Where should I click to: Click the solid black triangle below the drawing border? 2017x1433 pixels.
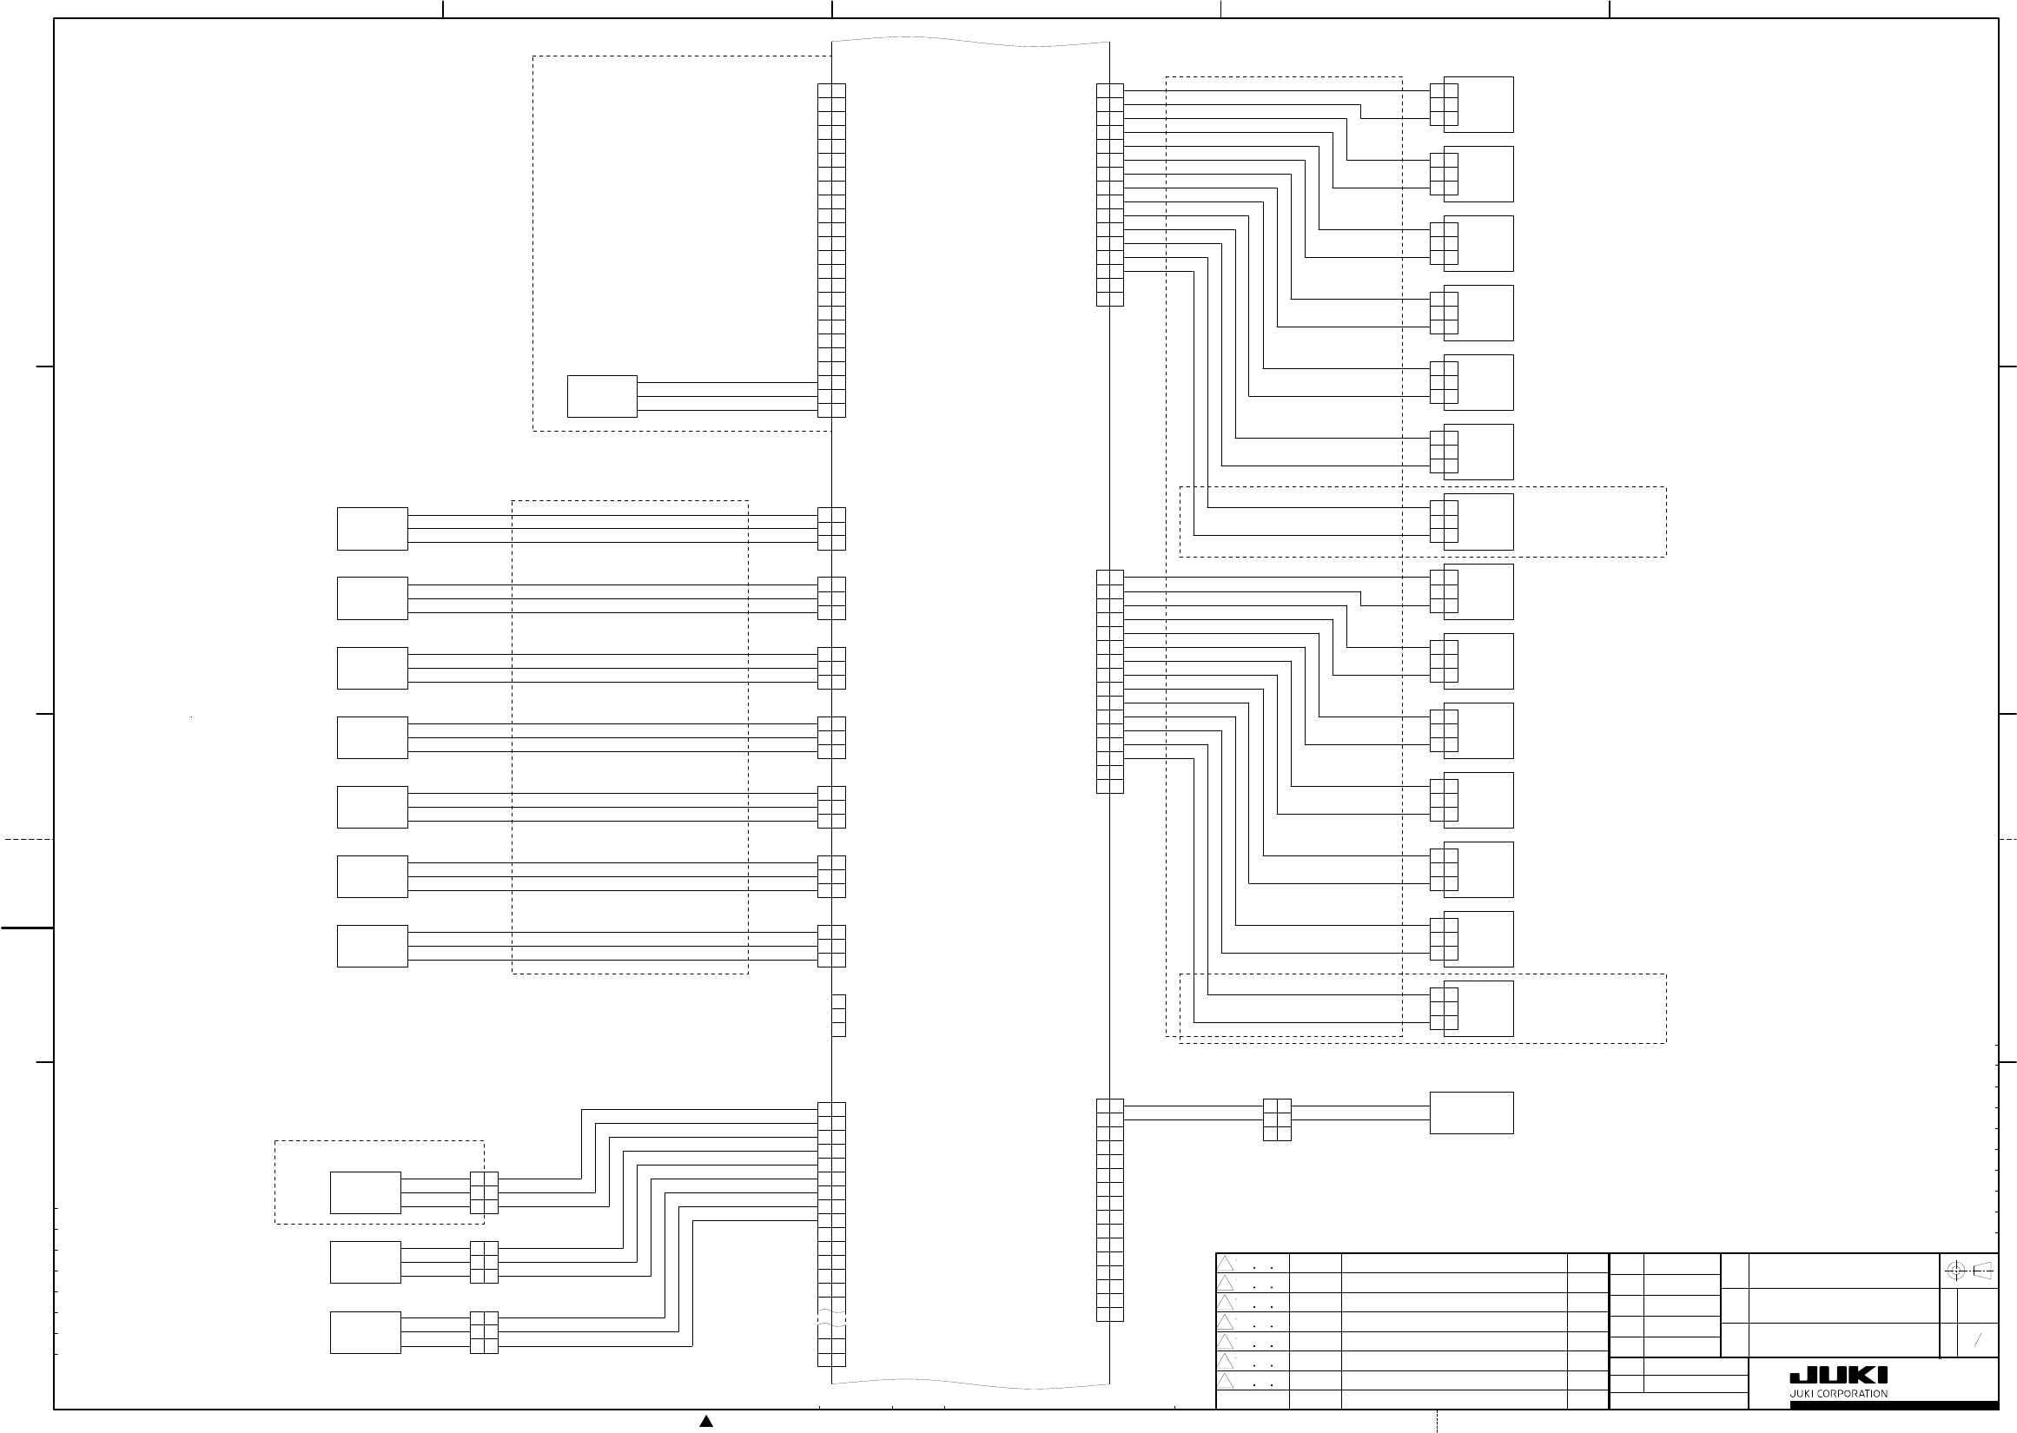706,1421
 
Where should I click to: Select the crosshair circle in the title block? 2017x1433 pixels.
1955,1271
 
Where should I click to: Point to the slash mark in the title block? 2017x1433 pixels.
1977,1339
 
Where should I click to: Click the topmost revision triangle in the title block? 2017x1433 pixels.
1226,1264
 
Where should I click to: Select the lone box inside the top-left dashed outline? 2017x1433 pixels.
602,396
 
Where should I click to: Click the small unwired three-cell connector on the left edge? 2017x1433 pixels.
838,1014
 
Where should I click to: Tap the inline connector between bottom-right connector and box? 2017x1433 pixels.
1277,1119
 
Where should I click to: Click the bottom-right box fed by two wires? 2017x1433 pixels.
1471,1112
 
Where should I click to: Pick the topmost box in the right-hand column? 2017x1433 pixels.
1478,104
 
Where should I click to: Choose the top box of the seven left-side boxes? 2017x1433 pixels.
373,529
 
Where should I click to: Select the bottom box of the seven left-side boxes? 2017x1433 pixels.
373,946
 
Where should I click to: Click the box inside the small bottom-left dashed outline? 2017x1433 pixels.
366,1192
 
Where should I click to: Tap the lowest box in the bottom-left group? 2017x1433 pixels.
366,1332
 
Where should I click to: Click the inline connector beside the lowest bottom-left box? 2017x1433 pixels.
484,1332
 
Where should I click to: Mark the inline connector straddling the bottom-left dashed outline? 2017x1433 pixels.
484,1192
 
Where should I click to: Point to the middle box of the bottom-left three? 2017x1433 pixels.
366,1262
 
